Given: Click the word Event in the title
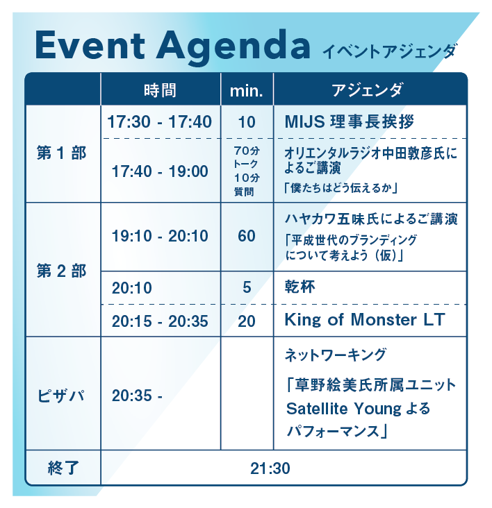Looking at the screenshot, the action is (x=90, y=44).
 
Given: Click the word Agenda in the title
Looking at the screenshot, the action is (x=233, y=48).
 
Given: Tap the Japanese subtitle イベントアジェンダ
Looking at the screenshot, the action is (x=389, y=52).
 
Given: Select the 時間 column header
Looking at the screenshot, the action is (x=161, y=90).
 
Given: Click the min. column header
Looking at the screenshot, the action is (x=246, y=91).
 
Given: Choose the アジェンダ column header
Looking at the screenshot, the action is (x=367, y=90).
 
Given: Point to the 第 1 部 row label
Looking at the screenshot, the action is (x=62, y=153).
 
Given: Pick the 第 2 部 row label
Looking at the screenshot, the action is (x=62, y=271).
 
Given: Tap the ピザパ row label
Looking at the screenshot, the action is (x=61, y=396).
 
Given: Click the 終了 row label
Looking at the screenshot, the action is (x=63, y=468).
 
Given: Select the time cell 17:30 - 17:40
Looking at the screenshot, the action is (x=159, y=122).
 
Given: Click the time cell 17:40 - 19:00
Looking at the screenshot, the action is (x=160, y=171).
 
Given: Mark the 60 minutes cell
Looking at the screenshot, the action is (x=247, y=236).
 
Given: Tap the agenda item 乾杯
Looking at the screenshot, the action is (x=300, y=287).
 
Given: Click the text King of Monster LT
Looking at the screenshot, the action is (x=365, y=320).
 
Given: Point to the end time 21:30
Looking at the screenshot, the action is (x=270, y=468).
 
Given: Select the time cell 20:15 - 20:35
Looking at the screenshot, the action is (x=160, y=321).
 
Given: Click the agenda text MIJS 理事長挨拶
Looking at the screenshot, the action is (x=350, y=122).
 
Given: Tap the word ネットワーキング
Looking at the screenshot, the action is (x=336, y=355).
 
